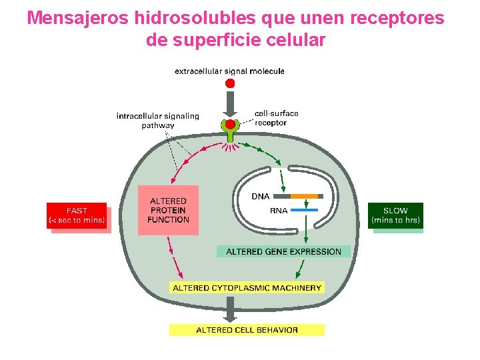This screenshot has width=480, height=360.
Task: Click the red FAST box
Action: click(x=77, y=215)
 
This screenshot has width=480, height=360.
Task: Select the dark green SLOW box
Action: click(x=395, y=215)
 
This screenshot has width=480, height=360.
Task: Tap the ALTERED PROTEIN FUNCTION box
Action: click(x=168, y=210)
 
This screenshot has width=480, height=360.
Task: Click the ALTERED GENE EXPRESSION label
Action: click(x=283, y=252)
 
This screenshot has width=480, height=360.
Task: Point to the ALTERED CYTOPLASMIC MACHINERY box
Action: click(x=247, y=288)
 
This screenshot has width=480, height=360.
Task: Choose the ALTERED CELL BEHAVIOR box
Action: click(x=247, y=329)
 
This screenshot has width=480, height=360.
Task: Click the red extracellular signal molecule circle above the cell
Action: click(x=230, y=83)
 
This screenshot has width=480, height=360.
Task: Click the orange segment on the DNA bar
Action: click(x=305, y=196)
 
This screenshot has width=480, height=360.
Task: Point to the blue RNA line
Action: click(x=305, y=210)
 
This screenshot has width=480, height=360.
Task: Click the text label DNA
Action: click(x=261, y=196)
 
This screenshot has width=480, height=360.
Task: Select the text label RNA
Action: click(x=279, y=211)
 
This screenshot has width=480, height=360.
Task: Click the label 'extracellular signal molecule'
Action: click(x=229, y=71)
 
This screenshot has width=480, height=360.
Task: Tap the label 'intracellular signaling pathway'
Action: click(x=157, y=120)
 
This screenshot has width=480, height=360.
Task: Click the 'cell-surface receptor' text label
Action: click(x=276, y=118)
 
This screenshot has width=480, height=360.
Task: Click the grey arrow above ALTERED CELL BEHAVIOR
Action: click(x=230, y=308)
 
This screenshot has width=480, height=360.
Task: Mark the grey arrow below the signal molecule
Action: click(x=230, y=103)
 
